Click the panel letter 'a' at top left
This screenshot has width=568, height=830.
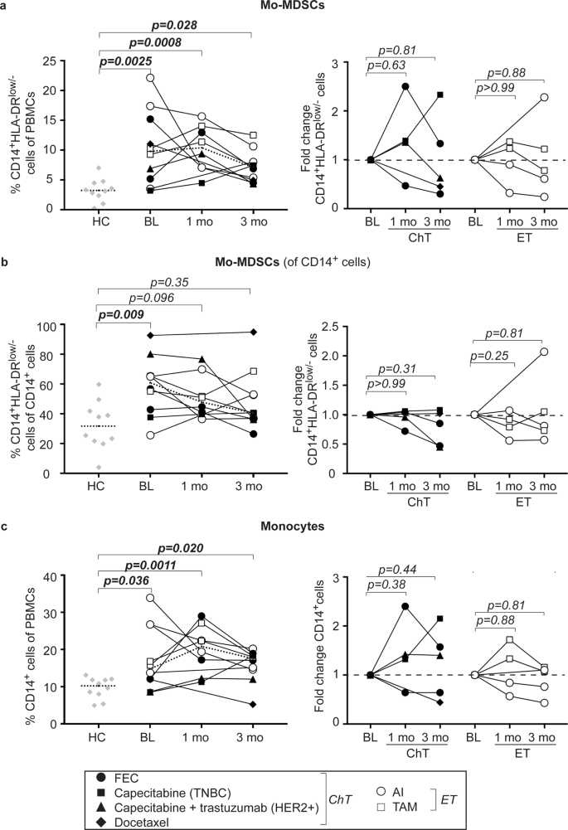click(x=5, y=6)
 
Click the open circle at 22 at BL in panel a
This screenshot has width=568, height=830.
click(x=150, y=78)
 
